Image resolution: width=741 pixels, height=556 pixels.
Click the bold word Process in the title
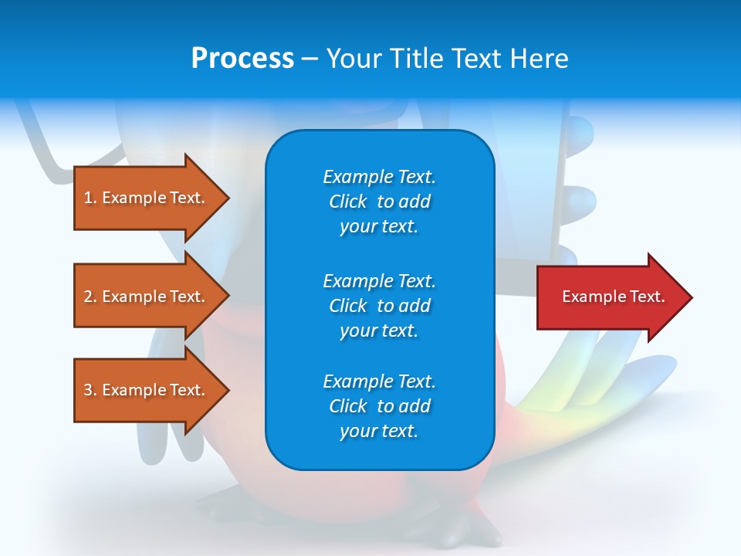[x=242, y=59]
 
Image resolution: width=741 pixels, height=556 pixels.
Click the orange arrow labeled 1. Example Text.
[x=152, y=198]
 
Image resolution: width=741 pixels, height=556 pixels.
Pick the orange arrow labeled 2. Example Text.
[x=152, y=296]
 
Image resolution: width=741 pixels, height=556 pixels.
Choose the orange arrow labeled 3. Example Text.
[x=152, y=390]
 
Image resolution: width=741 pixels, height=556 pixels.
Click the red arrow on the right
[x=615, y=297]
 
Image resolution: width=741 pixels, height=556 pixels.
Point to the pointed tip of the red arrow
[x=693, y=297]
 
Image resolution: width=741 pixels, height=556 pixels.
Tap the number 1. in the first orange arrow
[x=90, y=198]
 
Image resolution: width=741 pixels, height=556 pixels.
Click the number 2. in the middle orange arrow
[x=90, y=297]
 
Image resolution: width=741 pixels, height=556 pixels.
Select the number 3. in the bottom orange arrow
[x=90, y=389]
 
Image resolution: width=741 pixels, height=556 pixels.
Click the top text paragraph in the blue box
[x=380, y=202]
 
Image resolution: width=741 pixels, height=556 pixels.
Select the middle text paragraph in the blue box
[x=380, y=306]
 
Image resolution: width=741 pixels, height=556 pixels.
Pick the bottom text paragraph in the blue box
[x=380, y=405]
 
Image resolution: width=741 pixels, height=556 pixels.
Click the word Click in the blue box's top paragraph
[x=348, y=202]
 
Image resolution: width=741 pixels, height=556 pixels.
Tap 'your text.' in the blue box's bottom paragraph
[x=379, y=431]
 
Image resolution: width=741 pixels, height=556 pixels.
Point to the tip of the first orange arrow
[x=230, y=198]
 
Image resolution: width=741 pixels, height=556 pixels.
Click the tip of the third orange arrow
[x=230, y=390]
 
